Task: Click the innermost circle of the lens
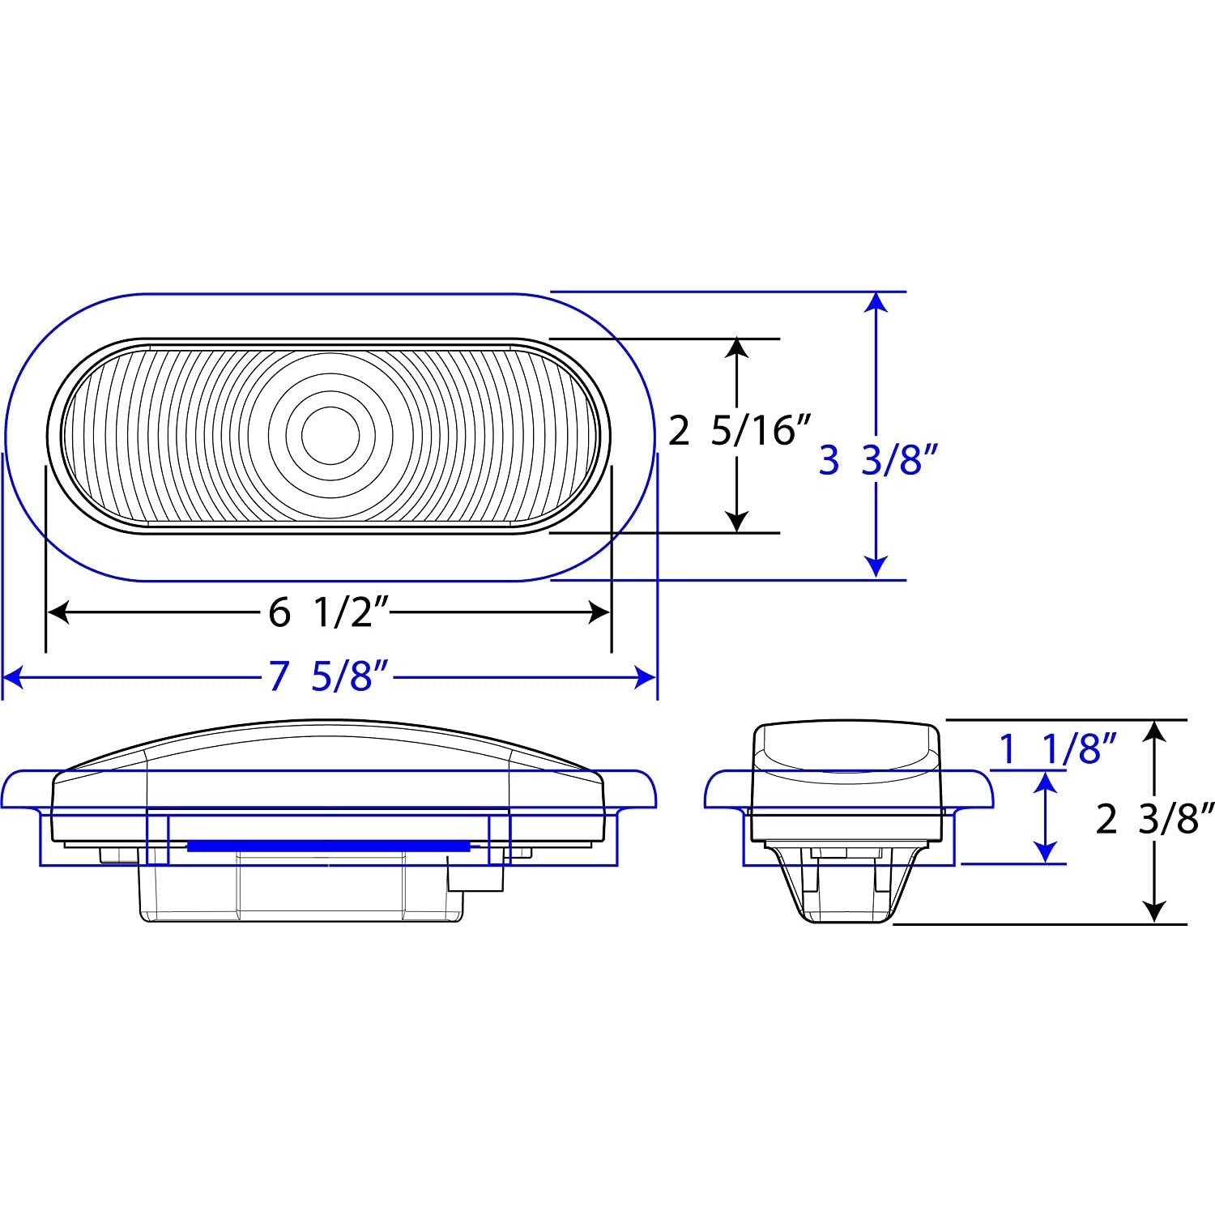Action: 330,435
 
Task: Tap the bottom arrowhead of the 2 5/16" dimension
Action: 736,522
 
